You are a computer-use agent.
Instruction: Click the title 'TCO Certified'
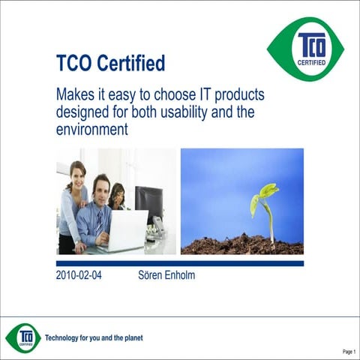click(x=110, y=63)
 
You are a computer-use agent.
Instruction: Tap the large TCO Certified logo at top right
click(x=305, y=49)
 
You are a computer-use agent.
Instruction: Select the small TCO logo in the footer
click(x=23, y=337)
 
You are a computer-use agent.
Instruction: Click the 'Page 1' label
click(x=349, y=351)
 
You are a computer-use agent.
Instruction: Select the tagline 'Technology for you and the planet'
click(x=94, y=337)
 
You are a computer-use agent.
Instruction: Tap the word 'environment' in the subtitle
click(x=92, y=129)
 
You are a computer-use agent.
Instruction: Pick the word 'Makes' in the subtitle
click(x=75, y=96)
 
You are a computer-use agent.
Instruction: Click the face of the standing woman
click(x=77, y=174)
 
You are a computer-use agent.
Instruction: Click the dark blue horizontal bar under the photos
click(x=180, y=263)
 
